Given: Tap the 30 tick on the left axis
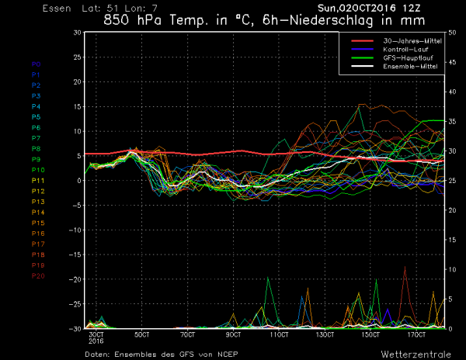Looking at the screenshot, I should pos(76,33).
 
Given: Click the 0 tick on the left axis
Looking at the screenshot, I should pos(78,181).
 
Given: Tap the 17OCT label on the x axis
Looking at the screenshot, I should pos(417,334).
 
